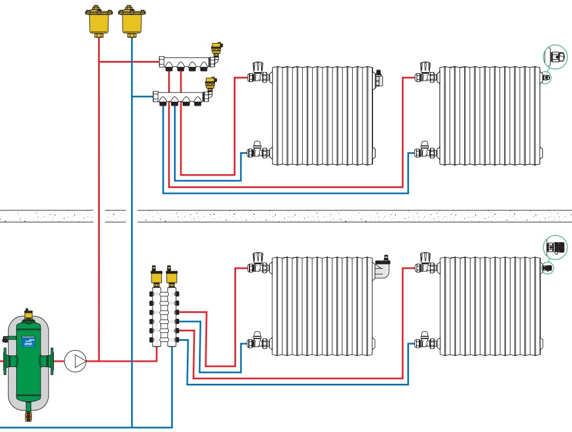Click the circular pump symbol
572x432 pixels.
point(75,361)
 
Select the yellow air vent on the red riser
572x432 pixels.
point(99,20)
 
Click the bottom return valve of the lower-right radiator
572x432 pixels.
point(426,341)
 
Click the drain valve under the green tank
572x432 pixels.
point(28,415)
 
